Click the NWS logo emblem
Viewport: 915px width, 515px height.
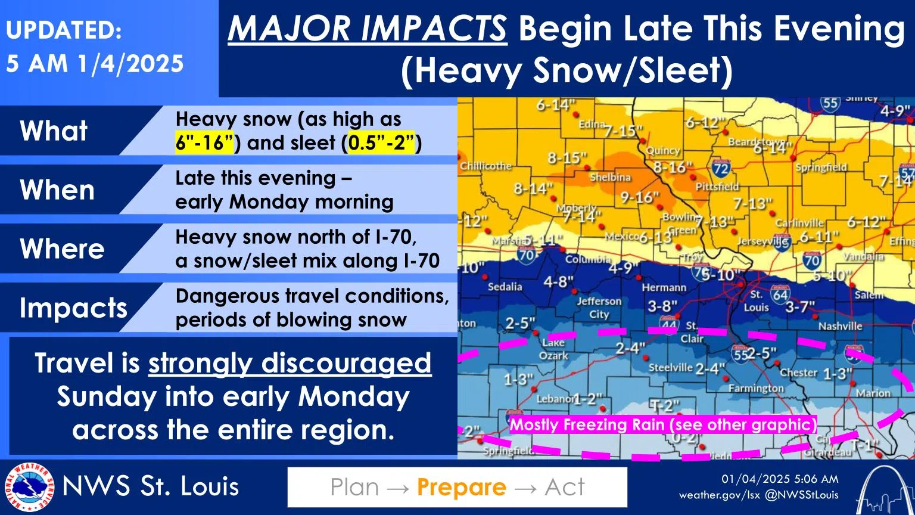[29, 487]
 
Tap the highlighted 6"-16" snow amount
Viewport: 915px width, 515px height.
[204, 144]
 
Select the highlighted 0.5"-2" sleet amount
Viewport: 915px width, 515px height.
[381, 144]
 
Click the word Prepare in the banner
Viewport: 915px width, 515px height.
[461, 487]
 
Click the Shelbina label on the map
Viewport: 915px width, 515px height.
[610, 178]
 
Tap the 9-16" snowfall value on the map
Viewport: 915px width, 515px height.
[639, 197]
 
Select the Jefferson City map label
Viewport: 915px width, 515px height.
[599, 308]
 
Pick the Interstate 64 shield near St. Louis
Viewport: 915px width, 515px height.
[780, 294]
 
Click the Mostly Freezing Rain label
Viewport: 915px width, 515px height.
[663, 425]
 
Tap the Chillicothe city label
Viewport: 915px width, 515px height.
[485, 166]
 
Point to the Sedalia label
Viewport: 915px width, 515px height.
[505, 287]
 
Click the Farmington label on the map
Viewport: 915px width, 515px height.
[756, 388]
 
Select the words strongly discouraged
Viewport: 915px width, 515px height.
[290, 363]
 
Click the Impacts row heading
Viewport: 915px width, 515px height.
[73, 308]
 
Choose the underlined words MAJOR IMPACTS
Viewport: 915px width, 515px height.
[367, 28]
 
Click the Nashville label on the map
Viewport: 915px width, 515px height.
[840, 326]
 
